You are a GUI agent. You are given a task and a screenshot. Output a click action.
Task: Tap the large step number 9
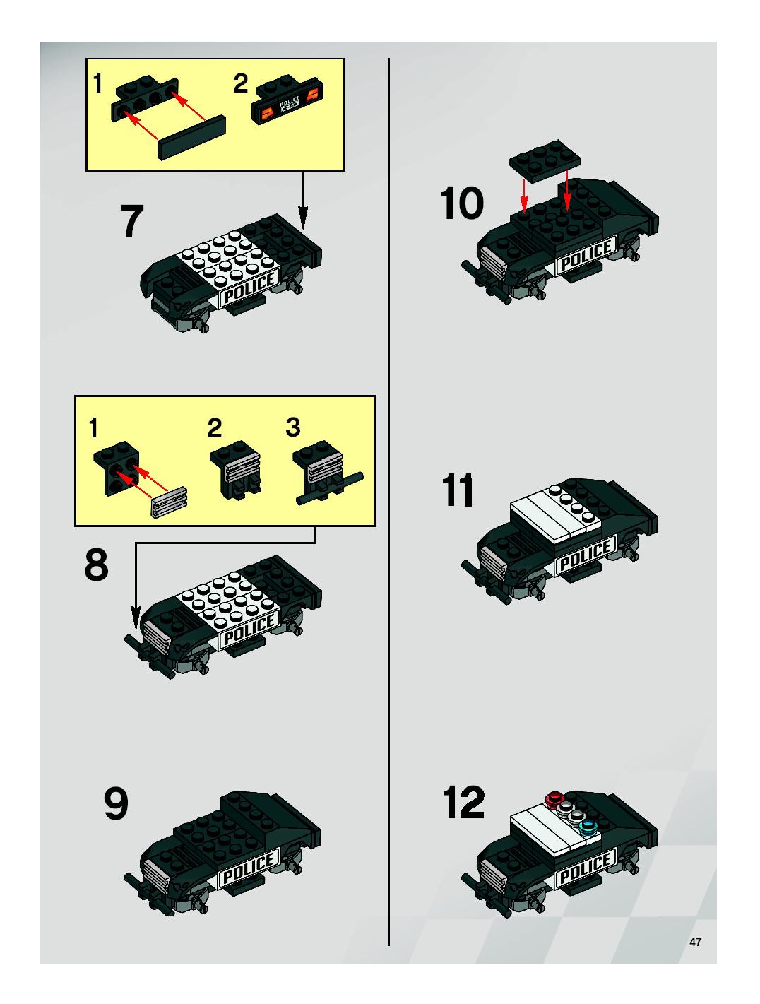tap(116, 803)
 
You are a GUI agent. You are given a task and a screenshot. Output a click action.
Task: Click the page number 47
tap(695, 941)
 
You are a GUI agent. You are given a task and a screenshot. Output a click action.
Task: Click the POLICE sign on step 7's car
tap(249, 288)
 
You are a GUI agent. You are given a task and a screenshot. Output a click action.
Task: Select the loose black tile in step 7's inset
tap(191, 137)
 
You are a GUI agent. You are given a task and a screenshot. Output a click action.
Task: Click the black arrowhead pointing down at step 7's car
tap(303, 218)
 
